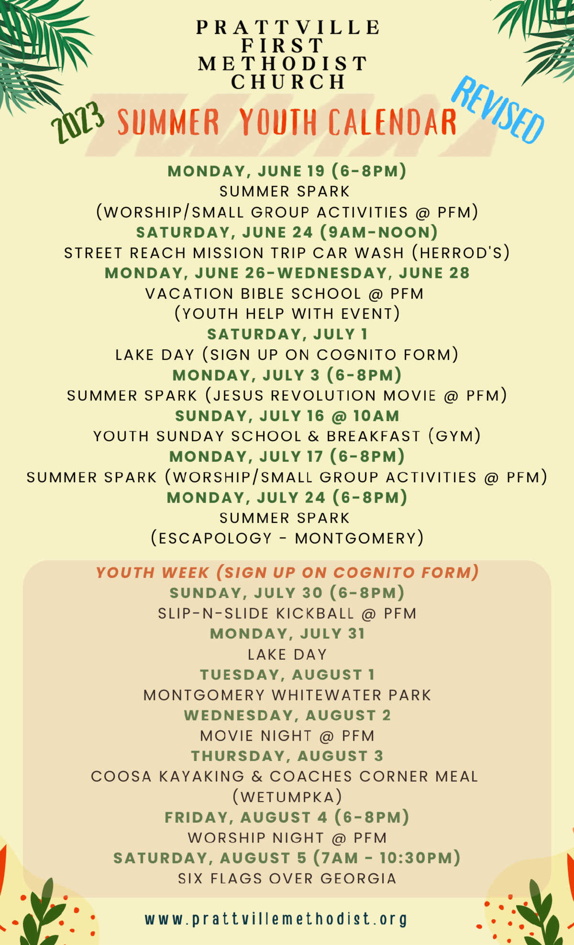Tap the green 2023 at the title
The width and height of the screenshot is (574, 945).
tap(78, 122)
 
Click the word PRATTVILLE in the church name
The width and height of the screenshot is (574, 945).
tap(288, 28)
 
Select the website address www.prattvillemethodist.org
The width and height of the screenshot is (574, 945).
tap(276, 919)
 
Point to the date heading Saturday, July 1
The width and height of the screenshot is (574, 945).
tap(287, 334)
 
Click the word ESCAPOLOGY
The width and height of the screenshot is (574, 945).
tap(216, 538)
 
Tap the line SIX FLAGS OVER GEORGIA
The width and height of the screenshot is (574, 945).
tap(287, 879)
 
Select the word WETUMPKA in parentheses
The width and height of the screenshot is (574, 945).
tap(287, 797)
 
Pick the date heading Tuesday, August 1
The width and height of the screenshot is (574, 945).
tap(287, 674)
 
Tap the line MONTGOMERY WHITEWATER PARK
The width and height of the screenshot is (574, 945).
tap(287, 695)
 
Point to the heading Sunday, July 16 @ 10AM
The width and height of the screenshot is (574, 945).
tap(287, 416)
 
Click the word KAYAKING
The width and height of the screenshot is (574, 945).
tap(201, 776)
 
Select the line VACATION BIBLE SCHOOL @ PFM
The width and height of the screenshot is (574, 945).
tap(285, 293)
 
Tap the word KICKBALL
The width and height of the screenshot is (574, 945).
tap(315, 613)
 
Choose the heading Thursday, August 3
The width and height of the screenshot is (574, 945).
tap(287, 756)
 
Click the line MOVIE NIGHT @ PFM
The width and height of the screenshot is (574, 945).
tap(287, 736)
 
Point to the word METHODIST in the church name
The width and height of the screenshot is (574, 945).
tap(283, 64)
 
